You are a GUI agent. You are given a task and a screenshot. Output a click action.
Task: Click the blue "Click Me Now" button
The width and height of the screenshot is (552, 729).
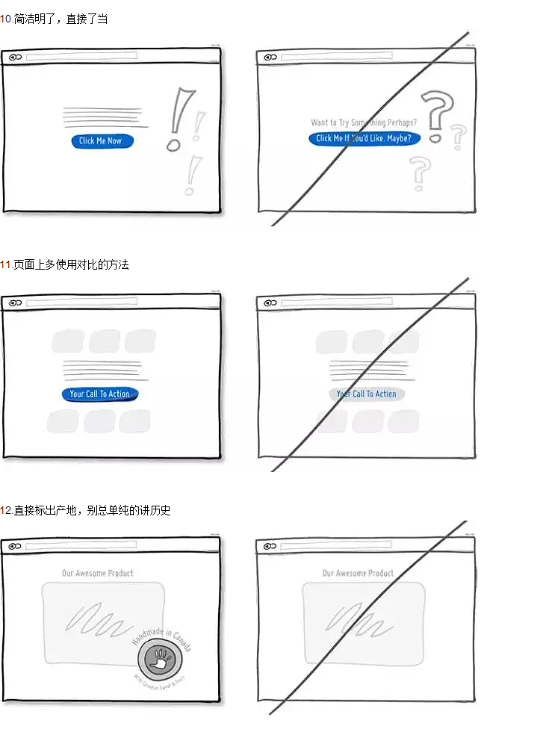102,141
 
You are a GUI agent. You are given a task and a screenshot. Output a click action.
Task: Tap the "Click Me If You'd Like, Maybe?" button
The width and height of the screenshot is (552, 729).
365,138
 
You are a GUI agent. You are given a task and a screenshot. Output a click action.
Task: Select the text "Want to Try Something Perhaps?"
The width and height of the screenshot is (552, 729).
364,122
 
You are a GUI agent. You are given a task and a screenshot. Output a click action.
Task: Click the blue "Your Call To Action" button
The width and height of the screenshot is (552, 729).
100,394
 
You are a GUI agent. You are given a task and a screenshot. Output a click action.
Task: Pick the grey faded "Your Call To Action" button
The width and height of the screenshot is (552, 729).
366,394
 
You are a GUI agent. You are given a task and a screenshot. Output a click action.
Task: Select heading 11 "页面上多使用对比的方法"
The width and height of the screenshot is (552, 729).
65,264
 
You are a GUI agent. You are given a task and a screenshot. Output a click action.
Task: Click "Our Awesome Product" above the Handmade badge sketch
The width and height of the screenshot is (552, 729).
98,573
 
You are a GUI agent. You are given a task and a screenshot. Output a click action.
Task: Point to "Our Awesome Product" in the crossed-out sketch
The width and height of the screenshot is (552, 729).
358,573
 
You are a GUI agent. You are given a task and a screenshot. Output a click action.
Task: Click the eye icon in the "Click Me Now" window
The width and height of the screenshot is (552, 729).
14,57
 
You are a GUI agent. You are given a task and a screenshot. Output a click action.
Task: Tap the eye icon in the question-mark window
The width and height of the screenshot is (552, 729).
270,57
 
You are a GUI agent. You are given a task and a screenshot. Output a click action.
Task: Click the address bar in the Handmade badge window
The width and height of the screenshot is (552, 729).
81,546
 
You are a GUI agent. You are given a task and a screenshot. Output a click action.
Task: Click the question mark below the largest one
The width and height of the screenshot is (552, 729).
421,173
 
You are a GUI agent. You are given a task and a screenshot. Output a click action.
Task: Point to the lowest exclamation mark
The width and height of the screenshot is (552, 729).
192,176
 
